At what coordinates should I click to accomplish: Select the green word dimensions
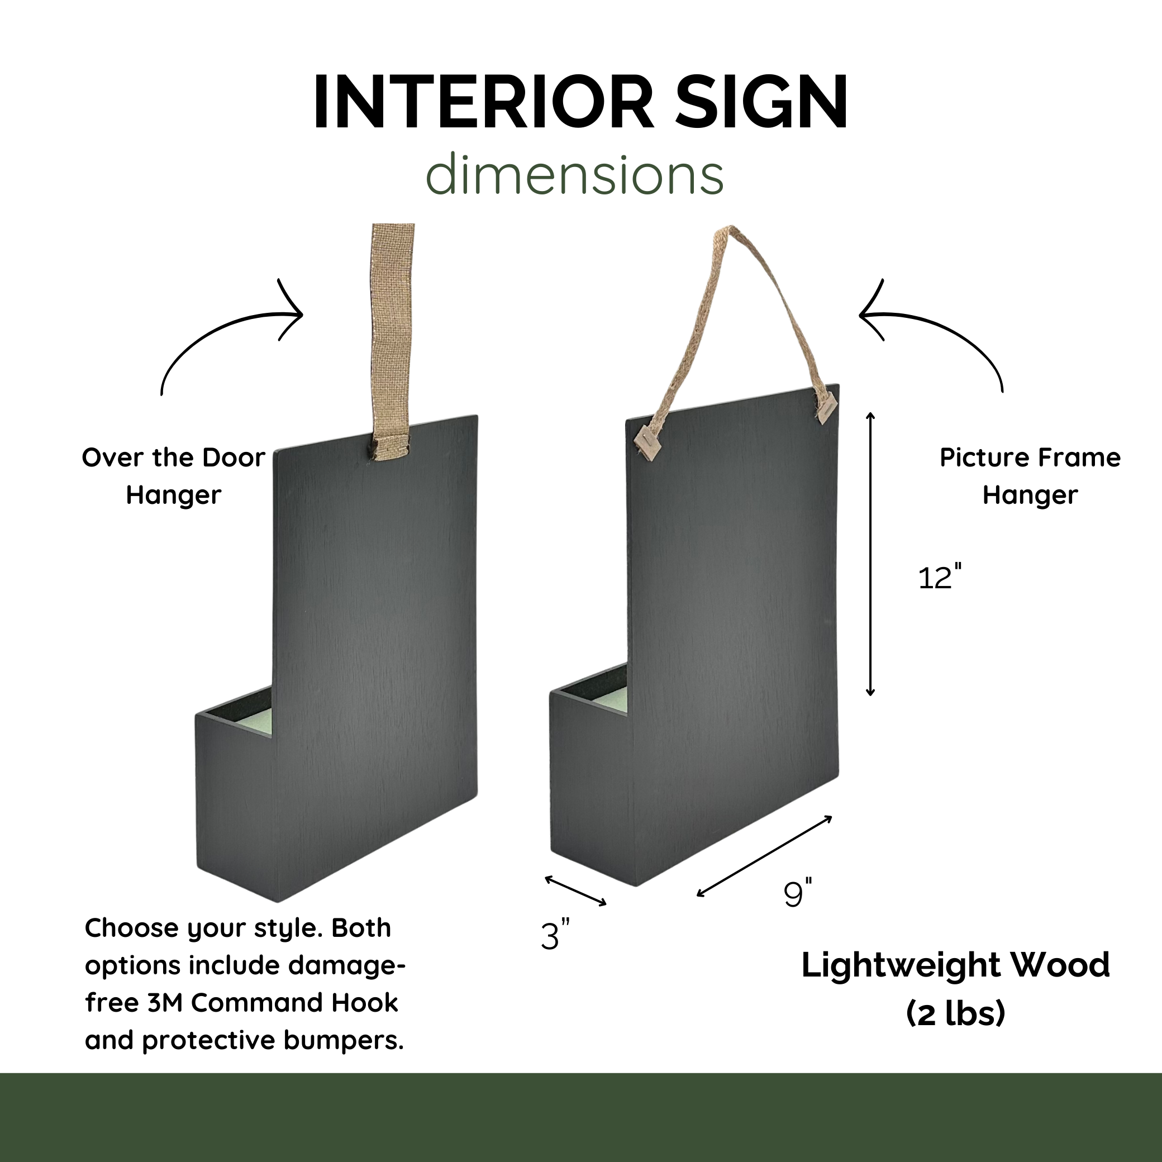point(574,175)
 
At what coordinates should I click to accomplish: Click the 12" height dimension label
point(940,578)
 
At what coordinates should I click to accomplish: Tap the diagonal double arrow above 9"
point(764,856)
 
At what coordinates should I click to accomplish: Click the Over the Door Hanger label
point(173,477)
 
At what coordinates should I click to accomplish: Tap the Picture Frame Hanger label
point(1030,477)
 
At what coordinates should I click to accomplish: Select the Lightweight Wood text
point(955,965)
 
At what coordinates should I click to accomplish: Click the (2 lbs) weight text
point(955,1013)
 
